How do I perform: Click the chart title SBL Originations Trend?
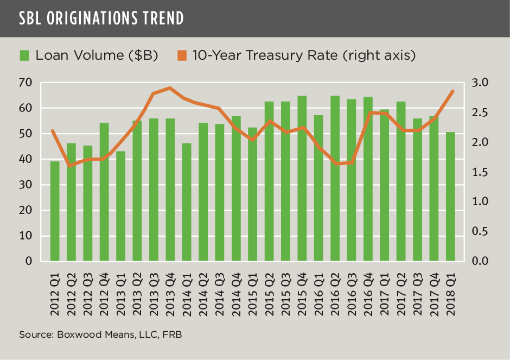101,18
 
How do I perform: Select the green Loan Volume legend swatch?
24,55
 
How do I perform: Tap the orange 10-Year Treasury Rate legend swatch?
182,55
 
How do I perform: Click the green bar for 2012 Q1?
55,211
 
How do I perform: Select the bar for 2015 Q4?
302,179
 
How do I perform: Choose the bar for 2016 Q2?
335,179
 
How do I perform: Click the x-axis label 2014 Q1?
187,295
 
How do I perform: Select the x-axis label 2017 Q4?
434,295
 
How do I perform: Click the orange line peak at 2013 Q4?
170,87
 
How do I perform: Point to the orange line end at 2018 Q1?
452,91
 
